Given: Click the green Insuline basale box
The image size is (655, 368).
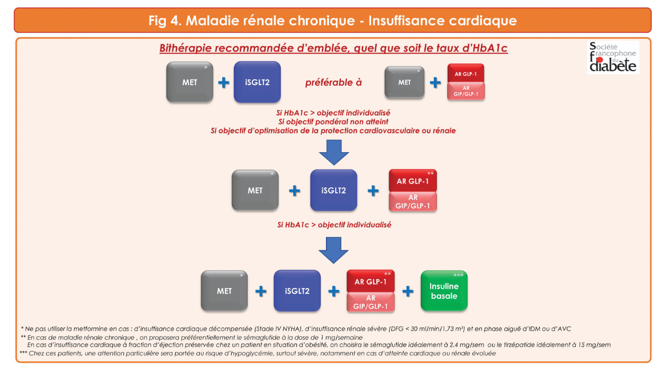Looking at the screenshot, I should point(444,291).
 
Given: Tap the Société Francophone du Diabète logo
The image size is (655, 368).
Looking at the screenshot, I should point(613,58).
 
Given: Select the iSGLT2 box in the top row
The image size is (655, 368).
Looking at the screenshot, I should point(257,82).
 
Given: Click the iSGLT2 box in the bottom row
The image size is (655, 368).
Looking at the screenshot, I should point(297,291).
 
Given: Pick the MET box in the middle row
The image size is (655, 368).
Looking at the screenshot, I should point(255,190).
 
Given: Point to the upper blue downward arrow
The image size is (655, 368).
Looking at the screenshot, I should point(334,152).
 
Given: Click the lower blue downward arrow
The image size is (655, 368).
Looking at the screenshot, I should point(334,250).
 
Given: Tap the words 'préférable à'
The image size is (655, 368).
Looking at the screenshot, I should point(333,82).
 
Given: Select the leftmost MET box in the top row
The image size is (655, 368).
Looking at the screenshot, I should point(190,82).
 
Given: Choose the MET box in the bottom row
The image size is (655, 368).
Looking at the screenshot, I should point(224,291).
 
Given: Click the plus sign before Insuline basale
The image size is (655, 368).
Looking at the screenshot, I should point(408,291).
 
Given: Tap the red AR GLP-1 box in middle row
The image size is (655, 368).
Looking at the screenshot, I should point(412,181).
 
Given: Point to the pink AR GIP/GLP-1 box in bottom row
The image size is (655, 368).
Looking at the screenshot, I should point(371,302).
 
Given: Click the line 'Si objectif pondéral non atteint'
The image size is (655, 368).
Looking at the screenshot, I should point(333,121).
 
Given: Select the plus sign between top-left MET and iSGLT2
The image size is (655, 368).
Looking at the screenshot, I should point(223,83).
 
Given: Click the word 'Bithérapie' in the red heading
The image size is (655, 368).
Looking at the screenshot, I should point(186,49).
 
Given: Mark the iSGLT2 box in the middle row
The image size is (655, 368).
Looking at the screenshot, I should point(333,190).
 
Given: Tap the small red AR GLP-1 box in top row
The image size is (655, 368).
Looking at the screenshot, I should point(465,74).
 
